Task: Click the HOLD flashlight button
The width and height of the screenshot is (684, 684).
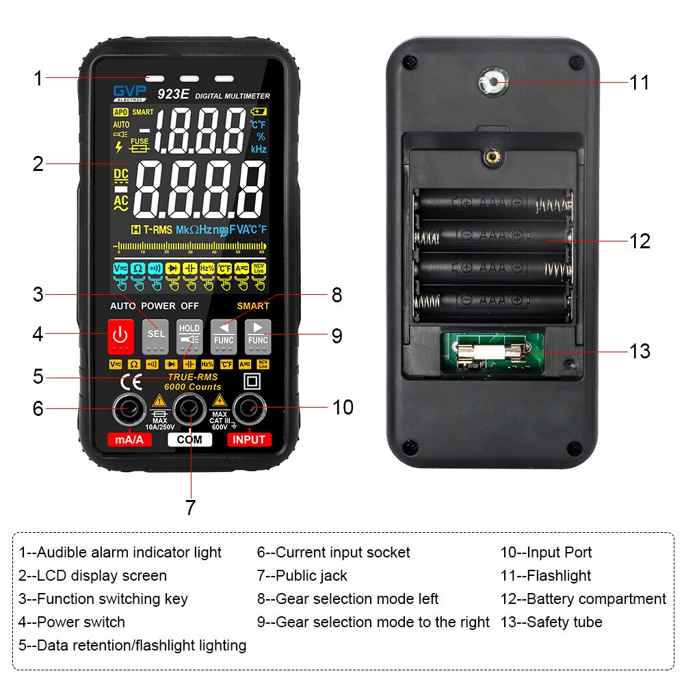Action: click(x=189, y=334)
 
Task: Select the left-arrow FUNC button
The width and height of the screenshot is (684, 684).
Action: click(x=224, y=334)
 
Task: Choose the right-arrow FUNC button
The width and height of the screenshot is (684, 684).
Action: click(x=258, y=334)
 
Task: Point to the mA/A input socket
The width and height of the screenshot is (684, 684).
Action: click(x=128, y=409)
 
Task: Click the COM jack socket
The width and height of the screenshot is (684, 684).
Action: click(x=189, y=409)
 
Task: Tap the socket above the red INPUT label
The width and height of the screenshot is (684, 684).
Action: click(x=249, y=409)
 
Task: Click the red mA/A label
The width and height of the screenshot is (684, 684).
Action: click(x=129, y=440)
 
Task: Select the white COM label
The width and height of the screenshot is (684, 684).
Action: click(x=189, y=440)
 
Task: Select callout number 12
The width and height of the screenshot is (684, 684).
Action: click(x=640, y=241)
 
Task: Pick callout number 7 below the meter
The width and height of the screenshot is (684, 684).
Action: click(x=190, y=508)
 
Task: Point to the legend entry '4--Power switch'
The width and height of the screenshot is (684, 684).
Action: click(x=72, y=622)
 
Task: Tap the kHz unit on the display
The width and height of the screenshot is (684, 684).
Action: click(x=259, y=149)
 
